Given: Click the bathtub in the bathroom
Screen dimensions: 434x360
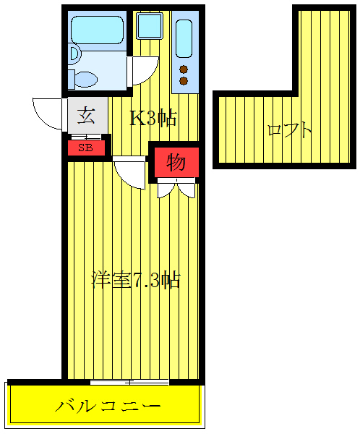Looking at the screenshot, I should click(98, 30).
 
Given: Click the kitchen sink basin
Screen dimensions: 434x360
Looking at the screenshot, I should click(184, 40).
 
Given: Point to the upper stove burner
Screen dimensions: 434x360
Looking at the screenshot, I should click(184, 69).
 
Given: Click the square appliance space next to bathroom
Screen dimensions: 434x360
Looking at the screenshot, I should click(149, 27).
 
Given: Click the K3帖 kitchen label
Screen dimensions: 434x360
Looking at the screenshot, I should click(153, 118).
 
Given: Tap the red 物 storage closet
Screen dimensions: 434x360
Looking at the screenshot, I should click(175, 162).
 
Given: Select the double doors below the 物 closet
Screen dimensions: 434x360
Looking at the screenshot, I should click(176, 190).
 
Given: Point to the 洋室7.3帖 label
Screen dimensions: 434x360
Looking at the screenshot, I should click(135, 280).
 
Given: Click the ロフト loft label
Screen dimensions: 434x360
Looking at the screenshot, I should click(289, 130).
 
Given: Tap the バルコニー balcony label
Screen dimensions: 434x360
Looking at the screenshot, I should click(108, 405).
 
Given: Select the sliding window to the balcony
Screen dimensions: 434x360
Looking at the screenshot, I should click(130, 381).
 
